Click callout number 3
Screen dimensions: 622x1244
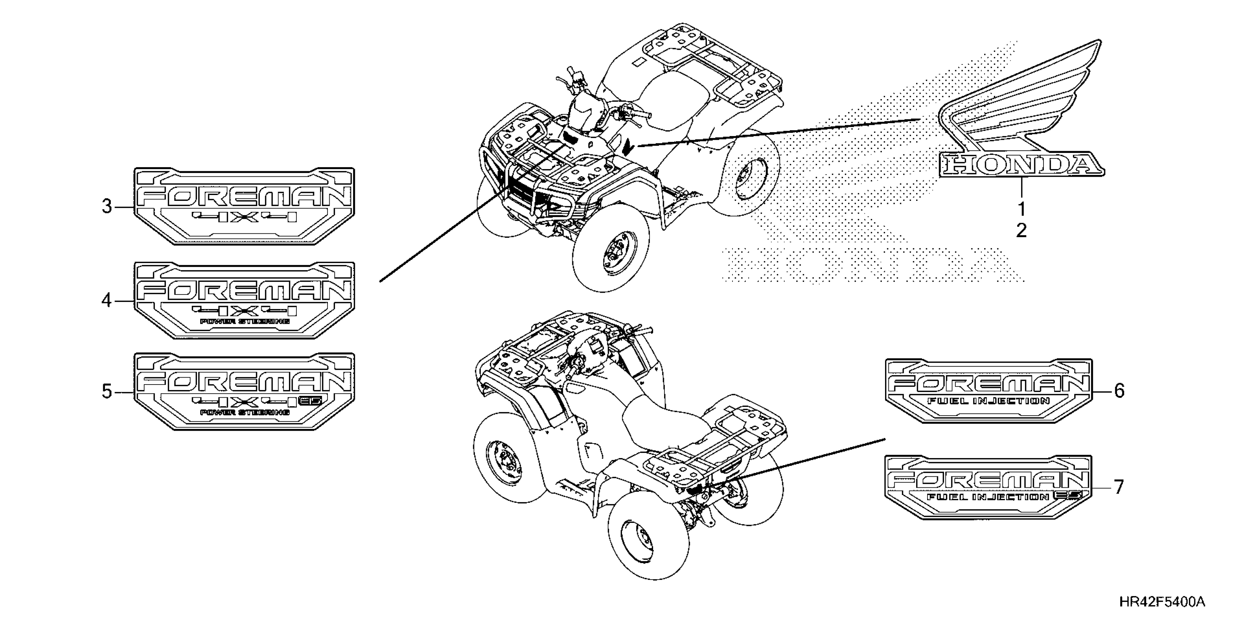[107, 207]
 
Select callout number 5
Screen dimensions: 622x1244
[107, 391]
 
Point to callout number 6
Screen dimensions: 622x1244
[1119, 390]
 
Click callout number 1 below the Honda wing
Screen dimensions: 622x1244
[1022, 210]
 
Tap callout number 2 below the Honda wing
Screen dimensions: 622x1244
[1022, 231]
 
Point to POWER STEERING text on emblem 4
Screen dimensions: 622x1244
[245, 322]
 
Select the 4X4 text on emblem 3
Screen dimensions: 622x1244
[245, 218]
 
